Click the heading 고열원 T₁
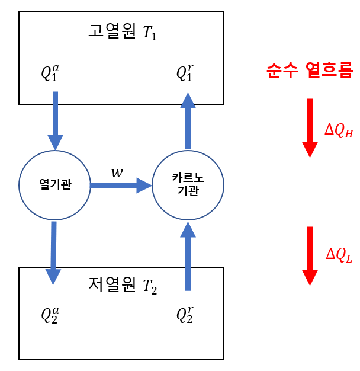pyautogui.click(x=122, y=33)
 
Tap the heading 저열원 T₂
pyautogui.click(x=123, y=286)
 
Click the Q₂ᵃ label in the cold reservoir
pyautogui.click(x=50, y=314)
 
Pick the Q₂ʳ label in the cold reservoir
pyautogui.click(x=185, y=314)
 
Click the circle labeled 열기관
pyautogui.click(x=54, y=185)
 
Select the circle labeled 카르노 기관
pyautogui.click(x=188, y=184)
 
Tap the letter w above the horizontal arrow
pyautogui.click(x=117, y=173)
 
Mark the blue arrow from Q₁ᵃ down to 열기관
pyautogui.click(x=56, y=121)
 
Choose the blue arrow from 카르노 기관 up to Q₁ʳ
pyautogui.click(x=188, y=121)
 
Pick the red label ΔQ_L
pyautogui.click(x=339, y=255)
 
